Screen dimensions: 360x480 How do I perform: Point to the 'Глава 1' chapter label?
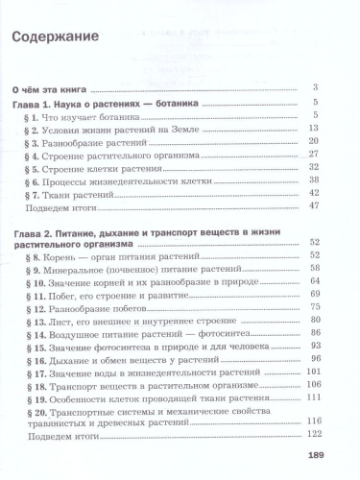[40, 103]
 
